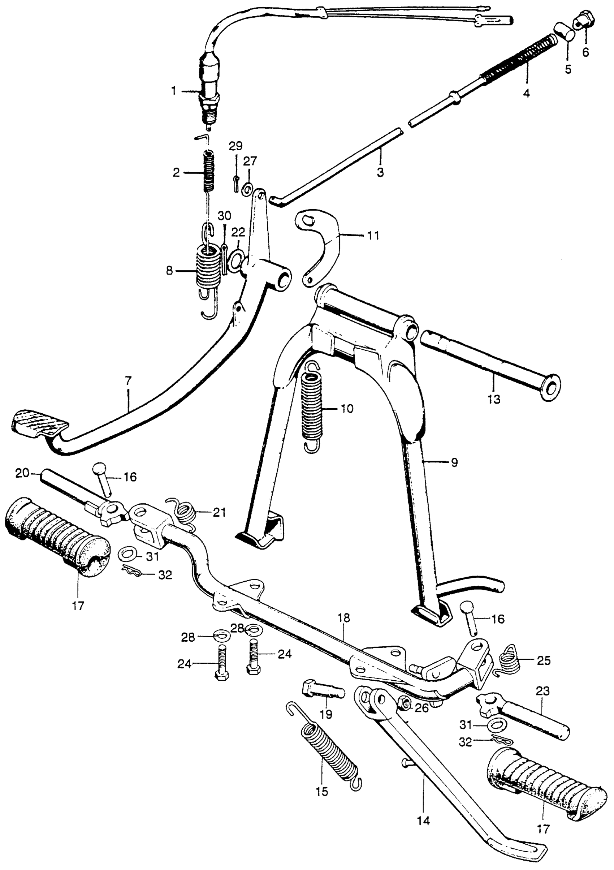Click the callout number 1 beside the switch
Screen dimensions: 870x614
(x=174, y=91)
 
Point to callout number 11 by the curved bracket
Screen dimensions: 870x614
(x=373, y=236)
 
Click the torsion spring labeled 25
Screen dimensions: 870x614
(x=510, y=661)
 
